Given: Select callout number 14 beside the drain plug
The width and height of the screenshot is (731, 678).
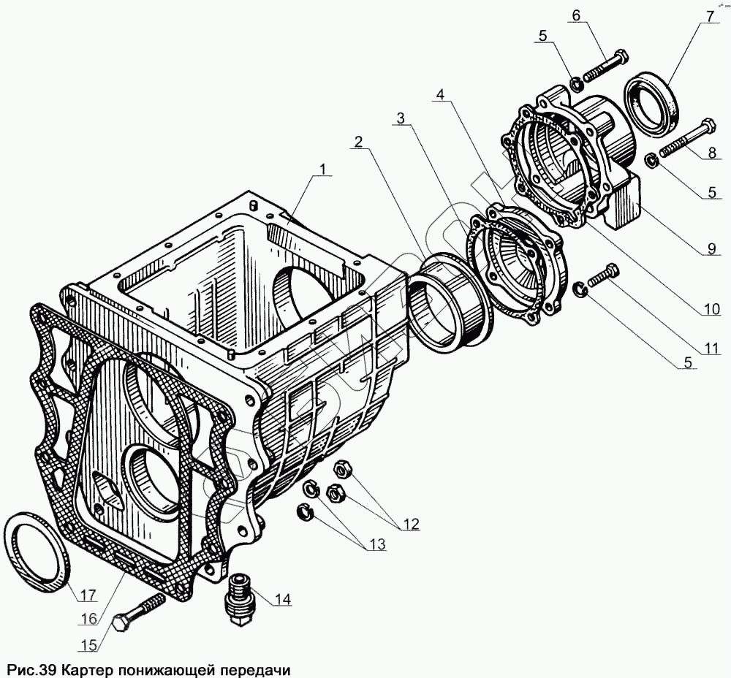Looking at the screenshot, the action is (283, 599).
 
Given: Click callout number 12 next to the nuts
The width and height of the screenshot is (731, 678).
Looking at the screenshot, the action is (410, 523).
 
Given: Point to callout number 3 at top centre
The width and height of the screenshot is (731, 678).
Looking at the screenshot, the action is (401, 118).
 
